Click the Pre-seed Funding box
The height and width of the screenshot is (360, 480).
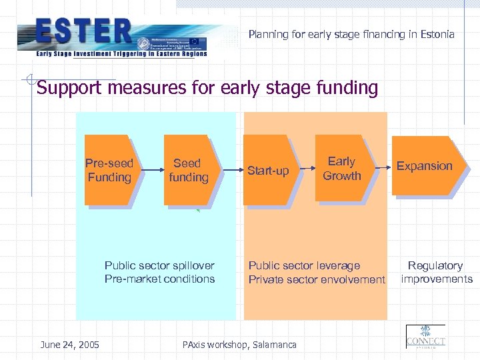point(109,170)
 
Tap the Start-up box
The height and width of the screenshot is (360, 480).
point(268,171)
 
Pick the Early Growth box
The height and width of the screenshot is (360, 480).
point(341,169)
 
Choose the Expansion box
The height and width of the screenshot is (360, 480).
point(425,166)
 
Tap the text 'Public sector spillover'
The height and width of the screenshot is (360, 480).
point(159,265)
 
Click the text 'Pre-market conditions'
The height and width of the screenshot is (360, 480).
point(159,279)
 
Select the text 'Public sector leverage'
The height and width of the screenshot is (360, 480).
point(304,265)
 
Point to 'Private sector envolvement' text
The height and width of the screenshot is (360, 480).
point(317,279)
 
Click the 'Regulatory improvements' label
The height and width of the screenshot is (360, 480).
point(436,272)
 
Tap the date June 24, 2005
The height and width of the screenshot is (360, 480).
point(69,344)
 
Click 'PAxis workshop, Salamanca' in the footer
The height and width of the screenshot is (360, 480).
point(239,344)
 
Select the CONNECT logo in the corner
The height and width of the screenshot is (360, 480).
point(425,337)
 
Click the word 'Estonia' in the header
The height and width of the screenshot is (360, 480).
point(436,33)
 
